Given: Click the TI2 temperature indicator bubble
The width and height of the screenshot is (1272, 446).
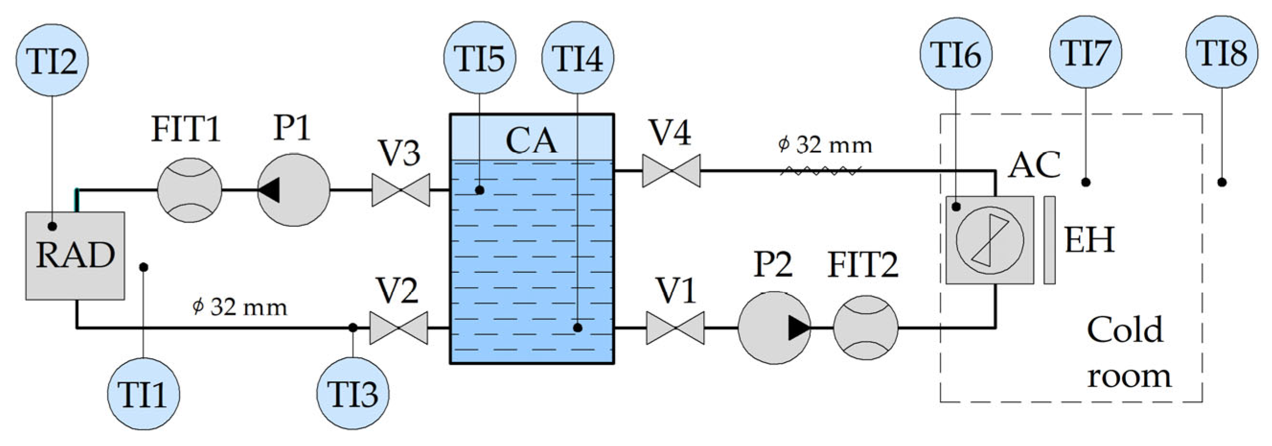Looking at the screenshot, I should coord(52,60).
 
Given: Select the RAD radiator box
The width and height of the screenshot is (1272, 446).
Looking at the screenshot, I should coord(75,255).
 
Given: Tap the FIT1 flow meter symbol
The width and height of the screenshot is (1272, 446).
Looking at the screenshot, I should coord(189,189).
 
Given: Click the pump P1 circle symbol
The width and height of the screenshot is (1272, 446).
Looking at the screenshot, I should coord(293,189).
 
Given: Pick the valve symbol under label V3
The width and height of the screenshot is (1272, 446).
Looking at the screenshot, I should coord(401,189).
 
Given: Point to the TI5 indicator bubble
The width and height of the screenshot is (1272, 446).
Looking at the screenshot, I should coord(479,57).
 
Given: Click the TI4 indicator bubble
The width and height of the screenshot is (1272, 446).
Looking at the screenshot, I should coord(578,57).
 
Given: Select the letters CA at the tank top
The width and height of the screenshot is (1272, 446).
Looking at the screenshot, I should coord(532,141).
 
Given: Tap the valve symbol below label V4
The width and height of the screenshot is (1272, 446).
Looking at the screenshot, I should coord(671,171).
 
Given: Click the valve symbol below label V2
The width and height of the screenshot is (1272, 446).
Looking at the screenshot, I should coord(398,328).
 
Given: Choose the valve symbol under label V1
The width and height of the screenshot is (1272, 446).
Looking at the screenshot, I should coord(675,328).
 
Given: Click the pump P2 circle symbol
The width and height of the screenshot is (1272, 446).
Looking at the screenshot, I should coord(774,328).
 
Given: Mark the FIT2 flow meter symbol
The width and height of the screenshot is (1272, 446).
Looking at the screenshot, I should coord(865,328).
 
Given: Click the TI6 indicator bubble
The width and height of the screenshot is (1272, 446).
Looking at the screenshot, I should coord(956,54).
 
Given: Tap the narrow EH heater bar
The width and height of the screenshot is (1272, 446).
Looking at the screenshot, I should coord(1049,240).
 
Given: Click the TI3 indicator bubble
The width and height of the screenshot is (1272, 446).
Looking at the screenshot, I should coord(353,393).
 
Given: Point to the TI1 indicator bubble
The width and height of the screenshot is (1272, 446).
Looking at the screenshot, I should coord(143,394).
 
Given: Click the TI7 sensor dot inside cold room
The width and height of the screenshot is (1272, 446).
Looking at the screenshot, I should coord(1086,182).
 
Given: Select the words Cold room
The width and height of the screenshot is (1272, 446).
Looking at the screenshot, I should coord(1128,352).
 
